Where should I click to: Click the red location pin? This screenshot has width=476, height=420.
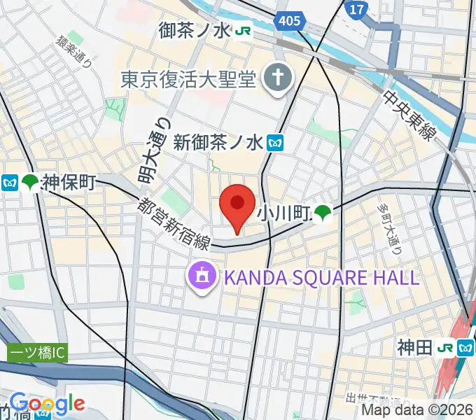237,204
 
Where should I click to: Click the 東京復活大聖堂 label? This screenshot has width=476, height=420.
188,79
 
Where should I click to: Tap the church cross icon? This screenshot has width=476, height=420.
276,80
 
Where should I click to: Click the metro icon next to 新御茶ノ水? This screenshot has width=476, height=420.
274,143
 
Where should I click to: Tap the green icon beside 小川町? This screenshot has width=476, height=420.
323,211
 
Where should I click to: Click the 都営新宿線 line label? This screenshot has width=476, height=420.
174,223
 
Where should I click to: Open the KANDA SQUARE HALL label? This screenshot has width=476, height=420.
321,276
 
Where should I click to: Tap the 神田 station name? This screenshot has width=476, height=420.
415,346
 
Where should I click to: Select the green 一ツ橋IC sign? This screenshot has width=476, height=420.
37,353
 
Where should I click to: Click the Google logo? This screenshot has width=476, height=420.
47,403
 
